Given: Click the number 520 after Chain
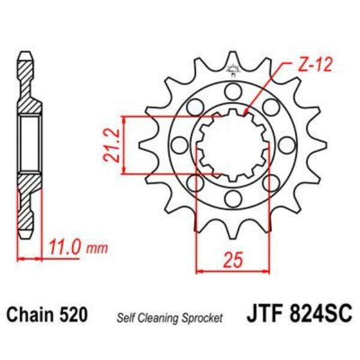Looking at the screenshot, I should click(x=74, y=315).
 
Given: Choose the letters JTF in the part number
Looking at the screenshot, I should click(x=265, y=315).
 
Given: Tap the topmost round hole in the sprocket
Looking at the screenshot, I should click(x=232, y=91).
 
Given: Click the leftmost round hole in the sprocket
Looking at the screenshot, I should click(x=178, y=145).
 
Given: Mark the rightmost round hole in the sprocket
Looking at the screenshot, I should click(x=286, y=145).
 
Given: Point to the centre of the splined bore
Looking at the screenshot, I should click(x=232, y=145).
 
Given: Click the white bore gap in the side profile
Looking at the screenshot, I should click(x=30, y=145).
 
